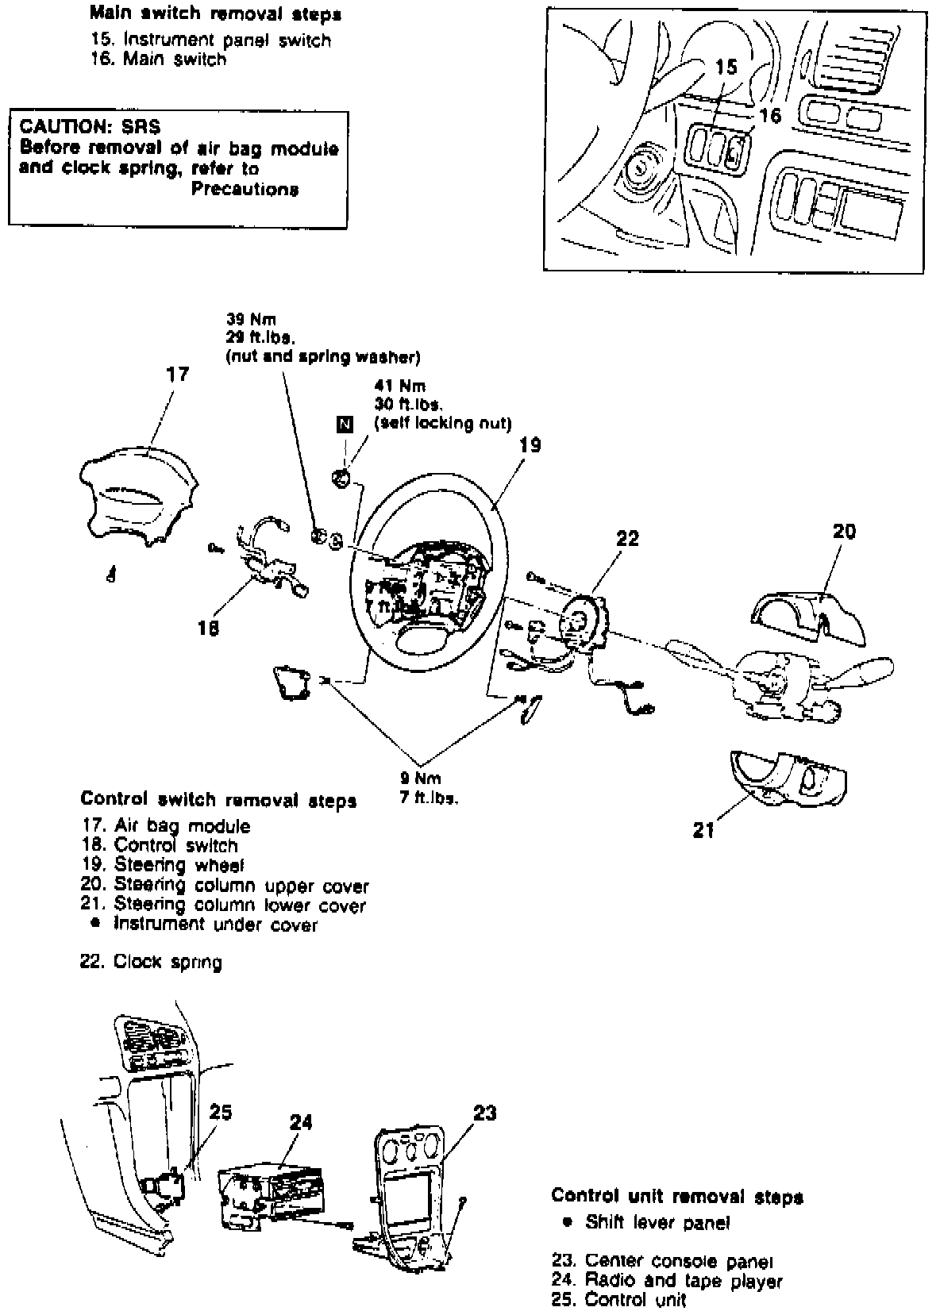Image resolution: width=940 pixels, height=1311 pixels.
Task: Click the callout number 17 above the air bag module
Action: (178, 374)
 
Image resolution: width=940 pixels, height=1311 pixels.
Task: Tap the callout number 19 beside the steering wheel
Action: (530, 444)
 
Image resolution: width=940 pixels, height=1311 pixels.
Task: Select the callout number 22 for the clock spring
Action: (627, 539)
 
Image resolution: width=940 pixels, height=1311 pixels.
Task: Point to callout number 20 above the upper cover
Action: (844, 531)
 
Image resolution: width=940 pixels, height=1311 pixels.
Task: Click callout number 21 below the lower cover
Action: (703, 831)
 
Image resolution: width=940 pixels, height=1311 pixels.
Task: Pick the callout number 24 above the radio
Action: (301, 1121)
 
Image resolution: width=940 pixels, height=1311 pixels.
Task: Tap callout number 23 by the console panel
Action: (484, 1113)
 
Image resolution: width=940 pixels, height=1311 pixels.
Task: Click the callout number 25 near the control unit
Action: (220, 1112)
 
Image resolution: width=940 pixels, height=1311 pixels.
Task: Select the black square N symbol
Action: (344, 424)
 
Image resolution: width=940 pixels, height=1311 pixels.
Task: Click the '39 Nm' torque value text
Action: (251, 320)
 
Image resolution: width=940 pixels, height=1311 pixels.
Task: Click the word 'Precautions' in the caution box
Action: (245, 189)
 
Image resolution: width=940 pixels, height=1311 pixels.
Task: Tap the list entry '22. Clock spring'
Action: (151, 962)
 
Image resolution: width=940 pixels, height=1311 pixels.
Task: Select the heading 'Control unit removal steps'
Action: (677, 1196)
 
